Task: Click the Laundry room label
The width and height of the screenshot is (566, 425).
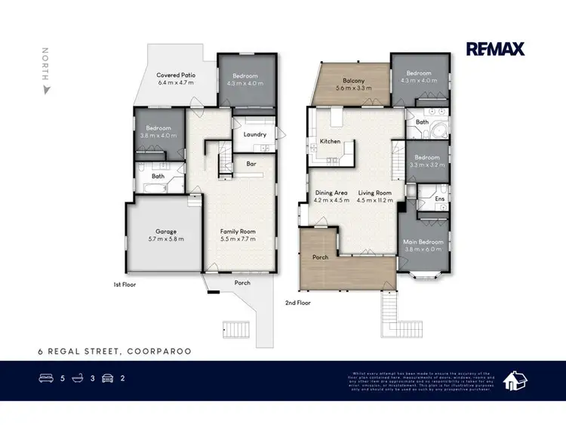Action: click(x=255, y=134)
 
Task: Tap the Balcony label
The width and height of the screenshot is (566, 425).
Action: click(x=353, y=82)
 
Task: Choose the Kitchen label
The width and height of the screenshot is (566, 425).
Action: click(x=331, y=141)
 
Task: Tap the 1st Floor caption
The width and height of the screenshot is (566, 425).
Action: click(x=124, y=286)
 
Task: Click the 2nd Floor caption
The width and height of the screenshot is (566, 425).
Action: click(x=298, y=302)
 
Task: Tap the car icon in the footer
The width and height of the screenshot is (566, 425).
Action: click(x=107, y=377)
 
